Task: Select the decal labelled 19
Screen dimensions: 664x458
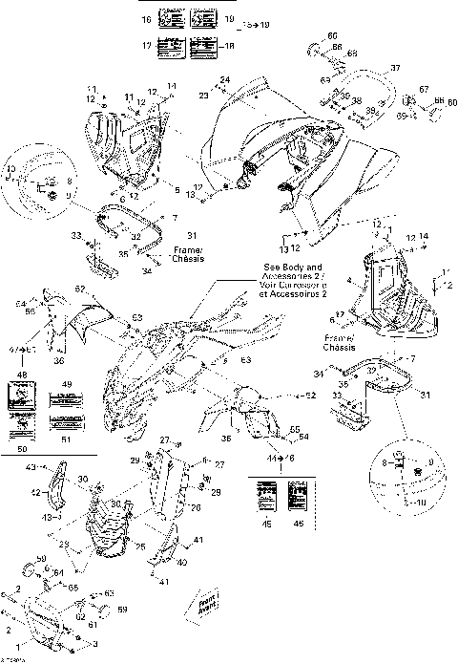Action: coord(203,18)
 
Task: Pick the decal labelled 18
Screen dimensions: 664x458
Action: coord(202,44)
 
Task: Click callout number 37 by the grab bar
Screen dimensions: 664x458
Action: coord(395,69)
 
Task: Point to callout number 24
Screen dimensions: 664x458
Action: coord(225,78)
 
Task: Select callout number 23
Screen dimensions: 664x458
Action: coord(203,96)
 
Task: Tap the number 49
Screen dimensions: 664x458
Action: coord(67,384)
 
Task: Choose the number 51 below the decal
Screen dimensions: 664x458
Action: coord(66,441)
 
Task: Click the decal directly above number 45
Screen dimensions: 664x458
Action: coord(268,498)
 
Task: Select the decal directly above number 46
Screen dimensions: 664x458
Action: coord(297,498)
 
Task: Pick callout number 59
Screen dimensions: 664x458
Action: coord(121,609)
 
